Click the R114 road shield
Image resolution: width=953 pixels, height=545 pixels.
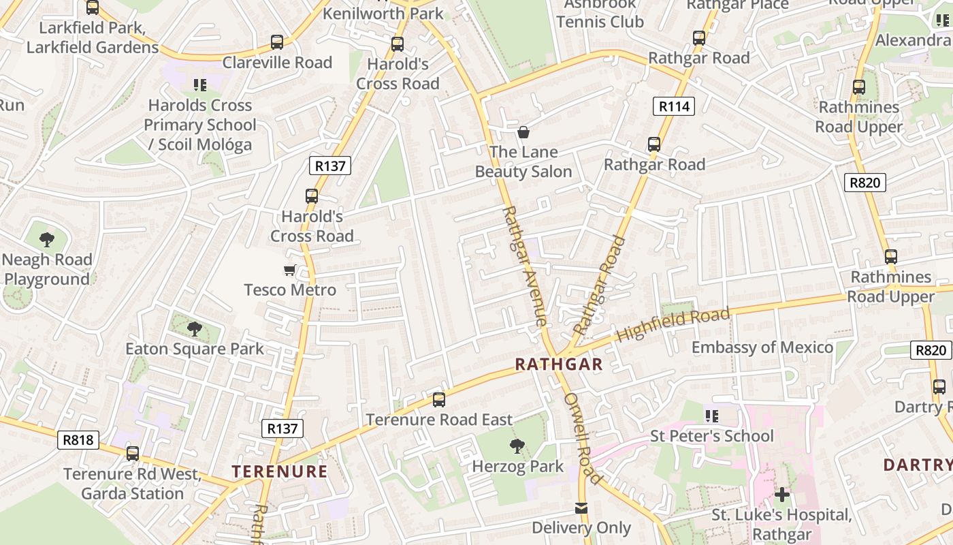click(x=674, y=106)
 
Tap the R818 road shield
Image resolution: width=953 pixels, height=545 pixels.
click(x=78, y=440)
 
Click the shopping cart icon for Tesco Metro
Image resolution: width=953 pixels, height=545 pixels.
click(x=290, y=270)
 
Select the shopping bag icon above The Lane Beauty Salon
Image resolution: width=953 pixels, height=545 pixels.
click(x=523, y=132)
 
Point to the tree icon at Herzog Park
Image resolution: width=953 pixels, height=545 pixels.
click(x=517, y=447)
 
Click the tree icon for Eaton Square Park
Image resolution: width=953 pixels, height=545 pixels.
click(x=195, y=329)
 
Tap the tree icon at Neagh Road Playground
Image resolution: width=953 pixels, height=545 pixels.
click(x=47, y=240)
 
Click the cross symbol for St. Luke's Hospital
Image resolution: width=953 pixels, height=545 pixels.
click(x=782, y=495)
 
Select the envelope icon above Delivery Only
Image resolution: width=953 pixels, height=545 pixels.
click(x=581, y=508)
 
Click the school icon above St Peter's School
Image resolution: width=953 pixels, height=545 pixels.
click(x=712, y=416)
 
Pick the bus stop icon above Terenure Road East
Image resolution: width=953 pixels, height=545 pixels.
click(x=439, y=400)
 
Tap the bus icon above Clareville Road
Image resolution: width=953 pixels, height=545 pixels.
click(x=277, y=42)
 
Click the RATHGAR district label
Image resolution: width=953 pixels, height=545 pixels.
click(x=559, y=364)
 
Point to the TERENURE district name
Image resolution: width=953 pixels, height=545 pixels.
click(x=280, y=471)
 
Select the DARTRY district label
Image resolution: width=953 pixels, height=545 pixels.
click(x=918, y=465)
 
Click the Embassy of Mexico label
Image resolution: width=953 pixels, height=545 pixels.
click(x=762, y=347)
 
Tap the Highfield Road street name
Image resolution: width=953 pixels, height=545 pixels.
click(x=673, y=325)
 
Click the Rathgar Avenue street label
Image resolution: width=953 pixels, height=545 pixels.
click(x=524, y=266)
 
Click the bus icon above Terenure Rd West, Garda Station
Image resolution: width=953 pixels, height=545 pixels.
click(x=133, y=454)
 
